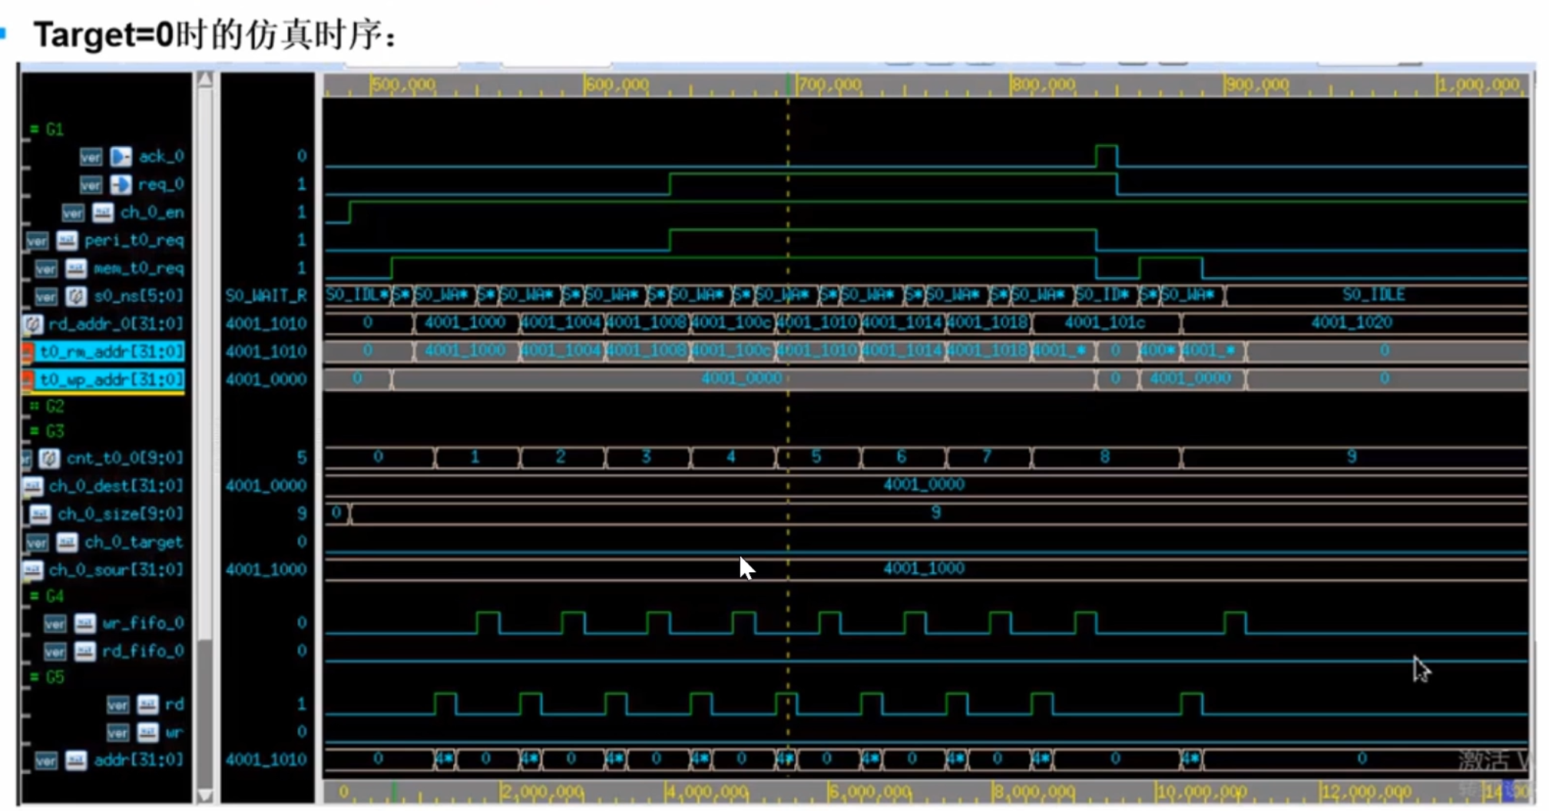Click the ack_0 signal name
tap(161, 157)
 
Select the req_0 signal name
tap(161, 184)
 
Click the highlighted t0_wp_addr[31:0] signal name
tap(111, 379)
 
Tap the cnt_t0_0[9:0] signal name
tap(124, 458)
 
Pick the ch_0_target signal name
tap(134, 542)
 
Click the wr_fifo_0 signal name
tap(143, 623)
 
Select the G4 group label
tap(55, 596)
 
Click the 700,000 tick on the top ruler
tap(829, 84)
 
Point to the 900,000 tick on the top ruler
tap(1256, 84)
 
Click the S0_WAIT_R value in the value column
tap(266, 296)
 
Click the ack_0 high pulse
tap(1106, 154)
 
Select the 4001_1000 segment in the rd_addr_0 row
tap(465, 323)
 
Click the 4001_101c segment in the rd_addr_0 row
tap(1104, 323)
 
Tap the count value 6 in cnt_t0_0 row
tap(902, 457)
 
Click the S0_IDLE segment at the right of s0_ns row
tap(1373, 295)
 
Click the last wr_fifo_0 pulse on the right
tap(1235, 622)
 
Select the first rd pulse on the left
tap(445, 703)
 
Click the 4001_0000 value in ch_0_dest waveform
tap(923, 485)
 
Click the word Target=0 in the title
tap(104, 35)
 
